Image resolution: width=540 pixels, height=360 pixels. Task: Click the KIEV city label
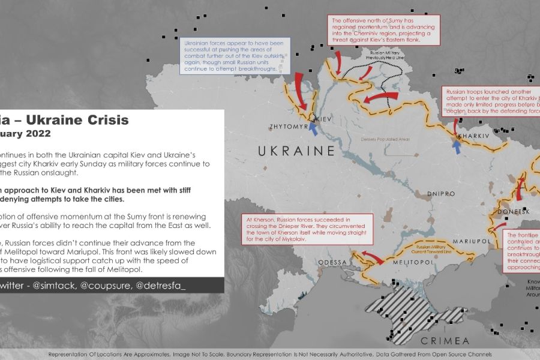[x=324, y=118]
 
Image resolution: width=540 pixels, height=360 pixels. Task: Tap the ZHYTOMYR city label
[x=289, y=127]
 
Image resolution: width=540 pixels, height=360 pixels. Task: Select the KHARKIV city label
[x=473, y=137]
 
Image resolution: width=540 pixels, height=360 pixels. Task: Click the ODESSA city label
[x=332, y=263]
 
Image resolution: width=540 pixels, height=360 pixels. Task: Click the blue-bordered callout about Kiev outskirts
[x=235, y=55]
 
